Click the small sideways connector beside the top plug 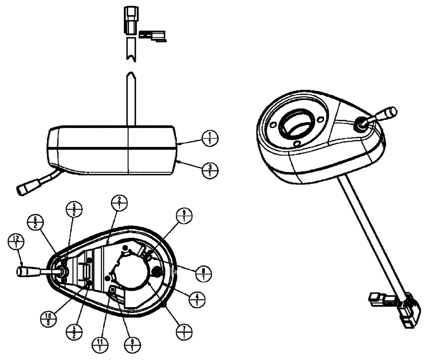click(153, 36)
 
